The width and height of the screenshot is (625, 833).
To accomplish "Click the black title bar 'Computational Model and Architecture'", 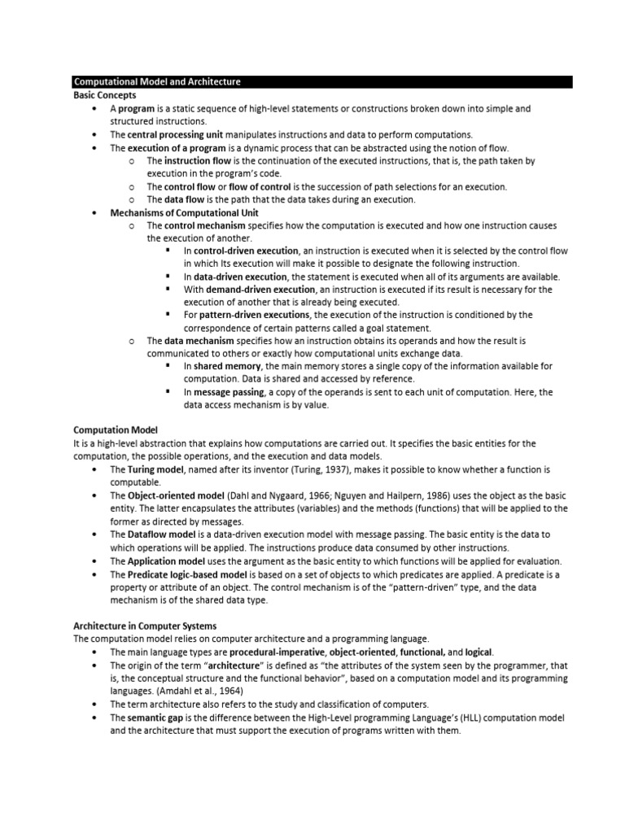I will tap(157, 82).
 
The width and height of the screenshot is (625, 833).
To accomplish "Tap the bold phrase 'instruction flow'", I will tap(199, 161).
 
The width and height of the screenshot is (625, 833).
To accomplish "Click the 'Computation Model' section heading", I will tap(116, 430).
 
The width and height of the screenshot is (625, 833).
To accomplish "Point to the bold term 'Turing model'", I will tap(156, 470).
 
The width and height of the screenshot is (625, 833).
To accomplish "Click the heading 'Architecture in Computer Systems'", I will tap(145, 626).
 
